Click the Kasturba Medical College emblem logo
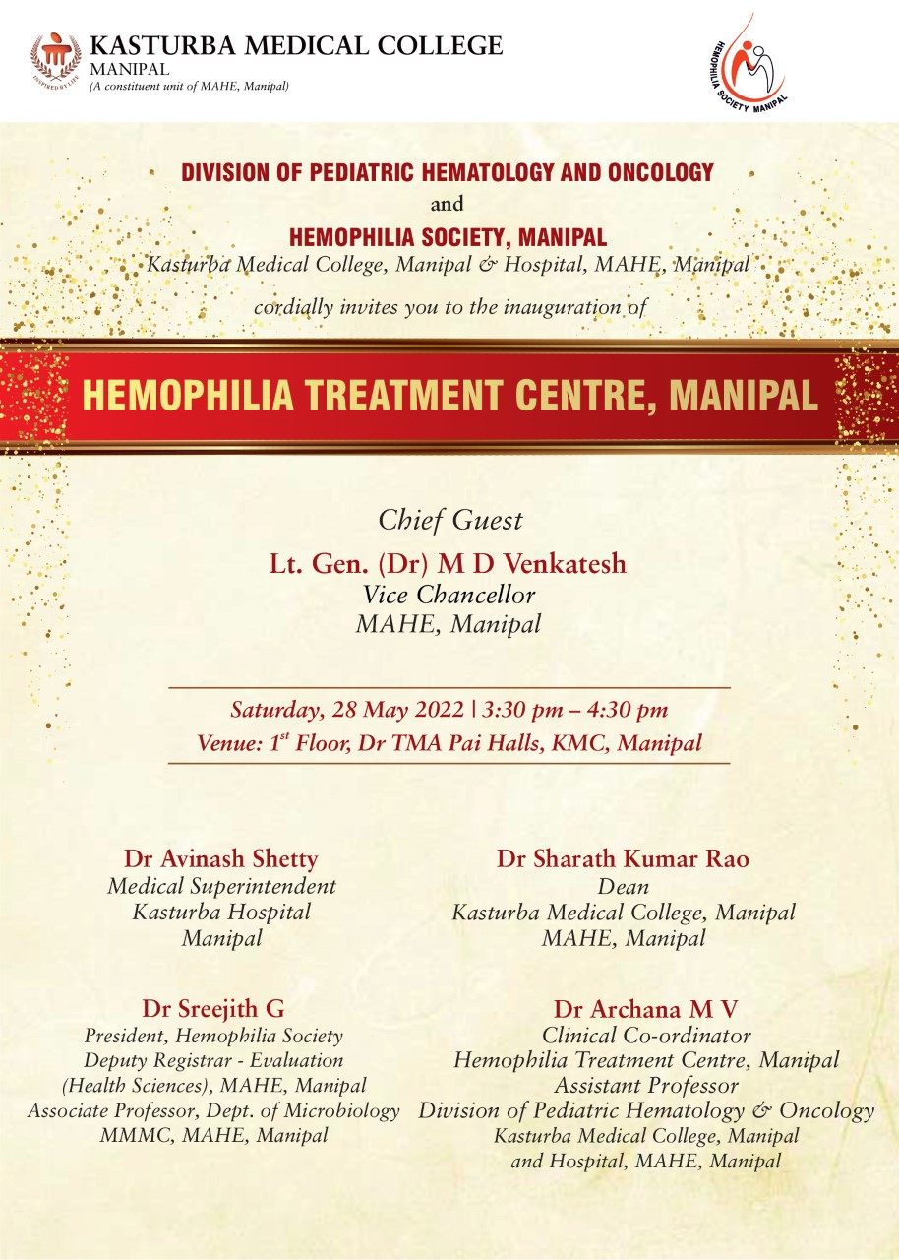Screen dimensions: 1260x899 55,59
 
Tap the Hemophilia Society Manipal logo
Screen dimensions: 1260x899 747,63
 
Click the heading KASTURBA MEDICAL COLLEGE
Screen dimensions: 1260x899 295,45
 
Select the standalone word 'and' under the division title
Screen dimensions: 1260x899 447,205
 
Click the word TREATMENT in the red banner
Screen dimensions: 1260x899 412,395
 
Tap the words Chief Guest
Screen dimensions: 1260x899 450,520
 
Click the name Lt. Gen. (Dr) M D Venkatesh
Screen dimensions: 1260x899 448,565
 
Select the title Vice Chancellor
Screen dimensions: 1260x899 449,595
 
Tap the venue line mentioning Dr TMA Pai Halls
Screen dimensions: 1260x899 449,743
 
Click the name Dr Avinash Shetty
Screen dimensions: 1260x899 221,858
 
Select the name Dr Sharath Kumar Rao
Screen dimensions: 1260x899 623,858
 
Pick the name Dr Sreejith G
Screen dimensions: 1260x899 213,1008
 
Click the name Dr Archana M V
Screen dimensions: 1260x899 645,1009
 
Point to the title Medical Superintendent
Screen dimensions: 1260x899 221,886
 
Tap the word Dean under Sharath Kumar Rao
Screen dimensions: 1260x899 623,887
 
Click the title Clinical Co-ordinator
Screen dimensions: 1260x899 646,1036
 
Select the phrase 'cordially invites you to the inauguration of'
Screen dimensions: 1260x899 449,306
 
